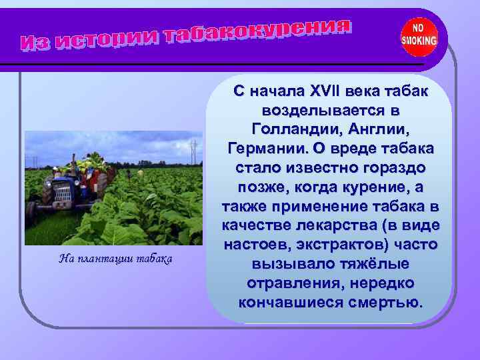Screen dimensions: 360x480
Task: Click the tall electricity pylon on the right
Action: click(193, 152)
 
